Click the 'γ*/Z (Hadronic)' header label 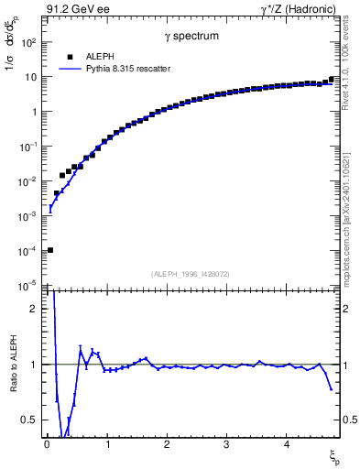[x=298, y=8]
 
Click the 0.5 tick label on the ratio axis [x=33, y=420]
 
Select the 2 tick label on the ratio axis [x=37, y=309]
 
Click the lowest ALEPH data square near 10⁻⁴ [x=50, y=250]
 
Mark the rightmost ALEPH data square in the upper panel [x=331, y=80]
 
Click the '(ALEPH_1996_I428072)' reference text [x=191, y=273]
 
